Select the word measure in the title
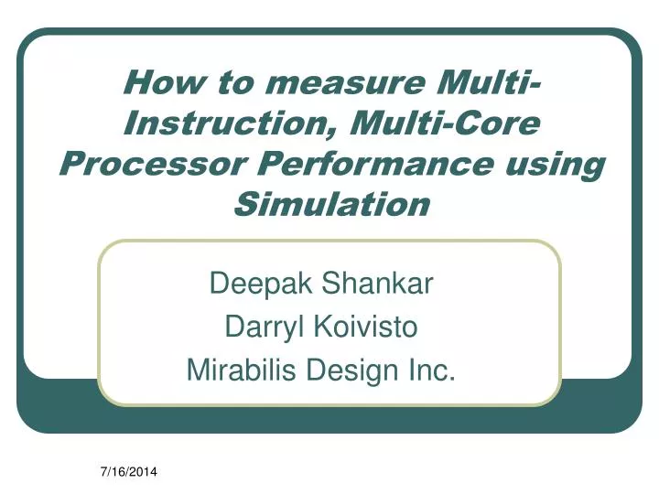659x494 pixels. [x=329, y=83]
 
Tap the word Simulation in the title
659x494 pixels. [x=329, y=204]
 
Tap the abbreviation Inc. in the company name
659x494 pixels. [x=435, y=370]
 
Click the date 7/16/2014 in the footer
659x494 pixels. [x=127, y=472]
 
